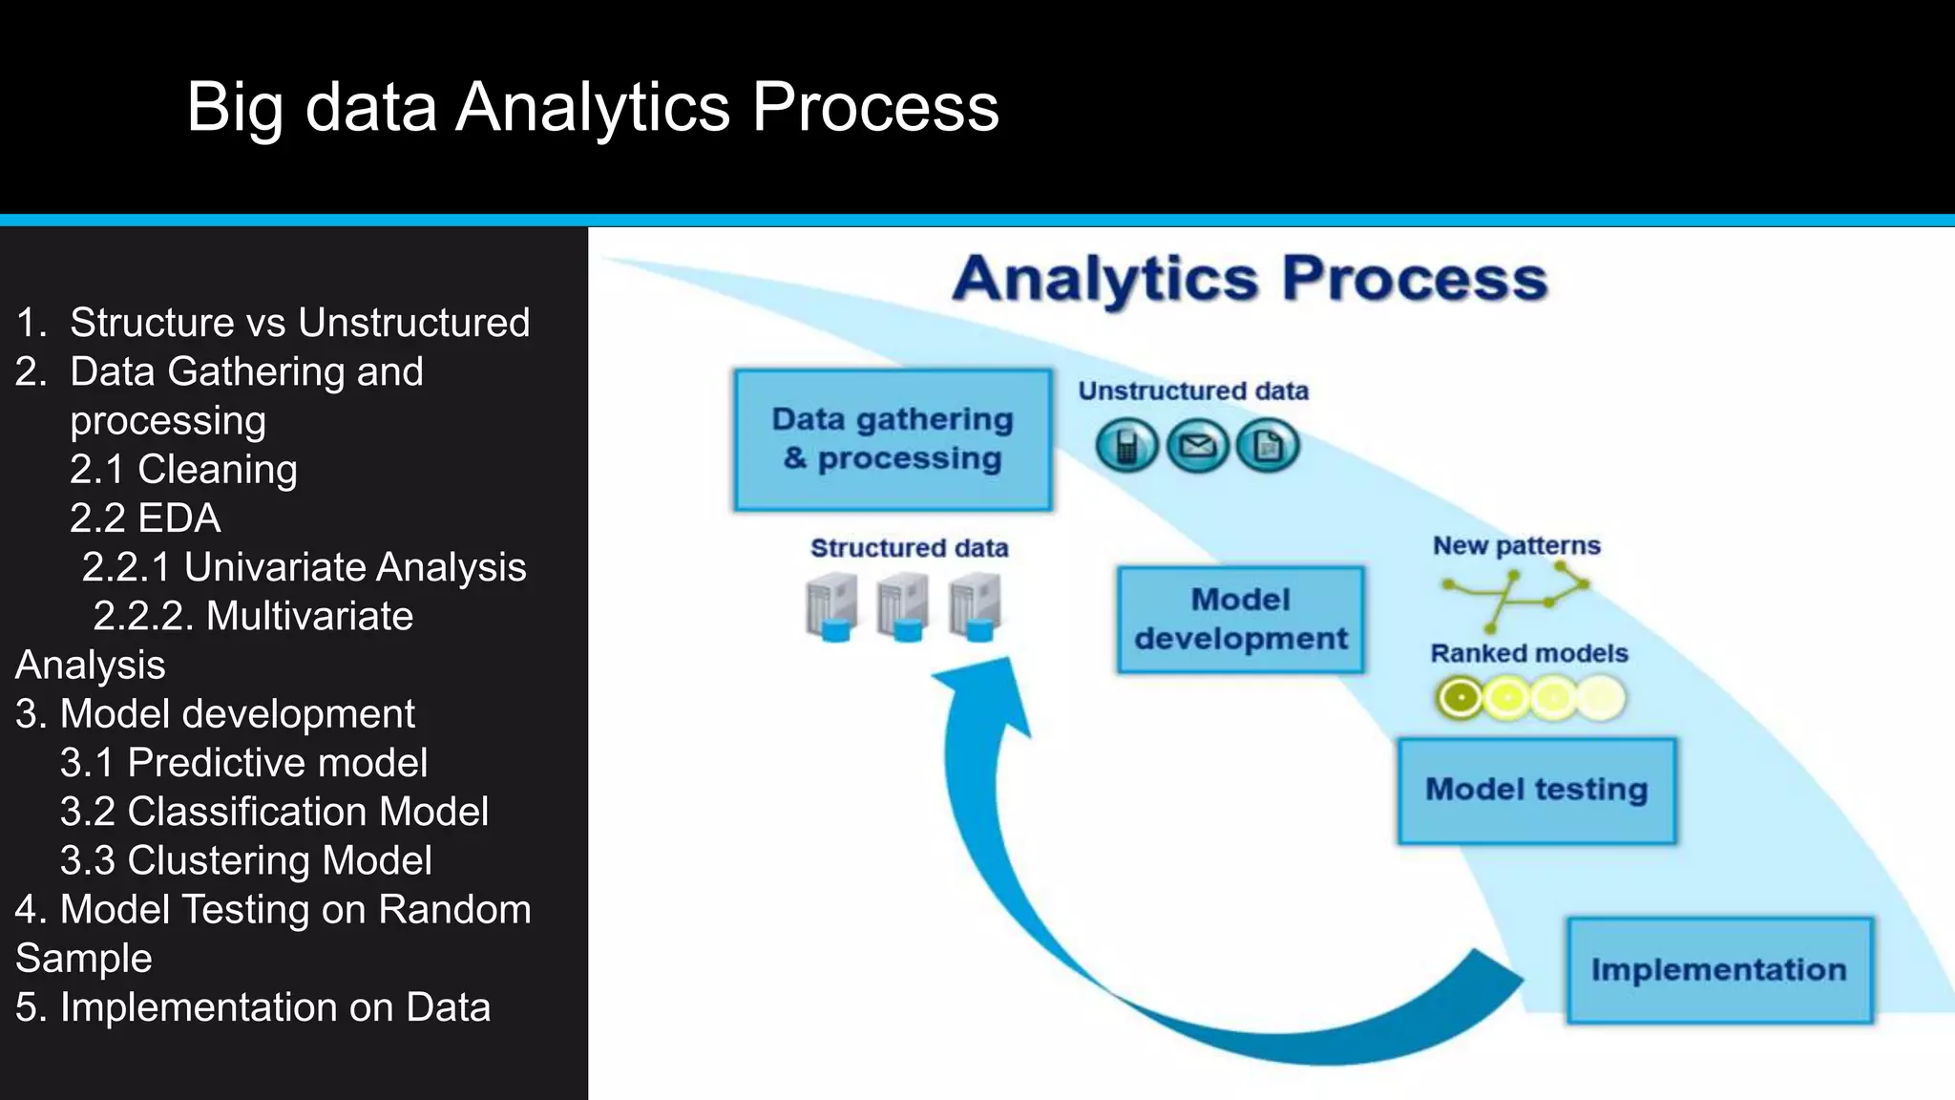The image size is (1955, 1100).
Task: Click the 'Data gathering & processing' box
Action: [x=893, y=439]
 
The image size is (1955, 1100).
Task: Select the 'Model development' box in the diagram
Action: [x=1240, y=620]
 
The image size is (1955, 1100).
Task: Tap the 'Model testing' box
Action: [x=1536, y=790]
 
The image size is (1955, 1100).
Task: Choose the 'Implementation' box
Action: [x=1719, y=970]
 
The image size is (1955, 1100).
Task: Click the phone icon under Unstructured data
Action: [x=1126, y=446]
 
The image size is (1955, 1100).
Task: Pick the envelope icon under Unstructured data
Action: [x=1197, y=446]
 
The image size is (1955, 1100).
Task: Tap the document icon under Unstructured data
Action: [x=1268, y=446]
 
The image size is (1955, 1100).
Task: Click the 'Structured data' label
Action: [x=909, y=548]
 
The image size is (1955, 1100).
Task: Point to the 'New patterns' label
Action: [x=1516, y=545]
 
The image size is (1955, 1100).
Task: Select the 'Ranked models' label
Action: [x=1528, y=653]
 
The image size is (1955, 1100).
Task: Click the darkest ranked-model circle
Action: [x=1459, y=698]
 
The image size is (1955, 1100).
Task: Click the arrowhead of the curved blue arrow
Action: [x=983, y=692]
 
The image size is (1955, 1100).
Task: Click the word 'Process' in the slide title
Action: [x=875, y=106]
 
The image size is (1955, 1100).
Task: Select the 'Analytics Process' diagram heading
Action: [x=1250, y=279]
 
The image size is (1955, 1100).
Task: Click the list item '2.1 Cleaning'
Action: [x=183, y=469]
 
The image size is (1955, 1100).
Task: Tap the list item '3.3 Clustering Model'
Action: [x=245, y=860]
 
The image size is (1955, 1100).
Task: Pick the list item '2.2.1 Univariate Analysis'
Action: [x=304, y=567]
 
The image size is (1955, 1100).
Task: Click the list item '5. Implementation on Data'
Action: [x=253, y=1007]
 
